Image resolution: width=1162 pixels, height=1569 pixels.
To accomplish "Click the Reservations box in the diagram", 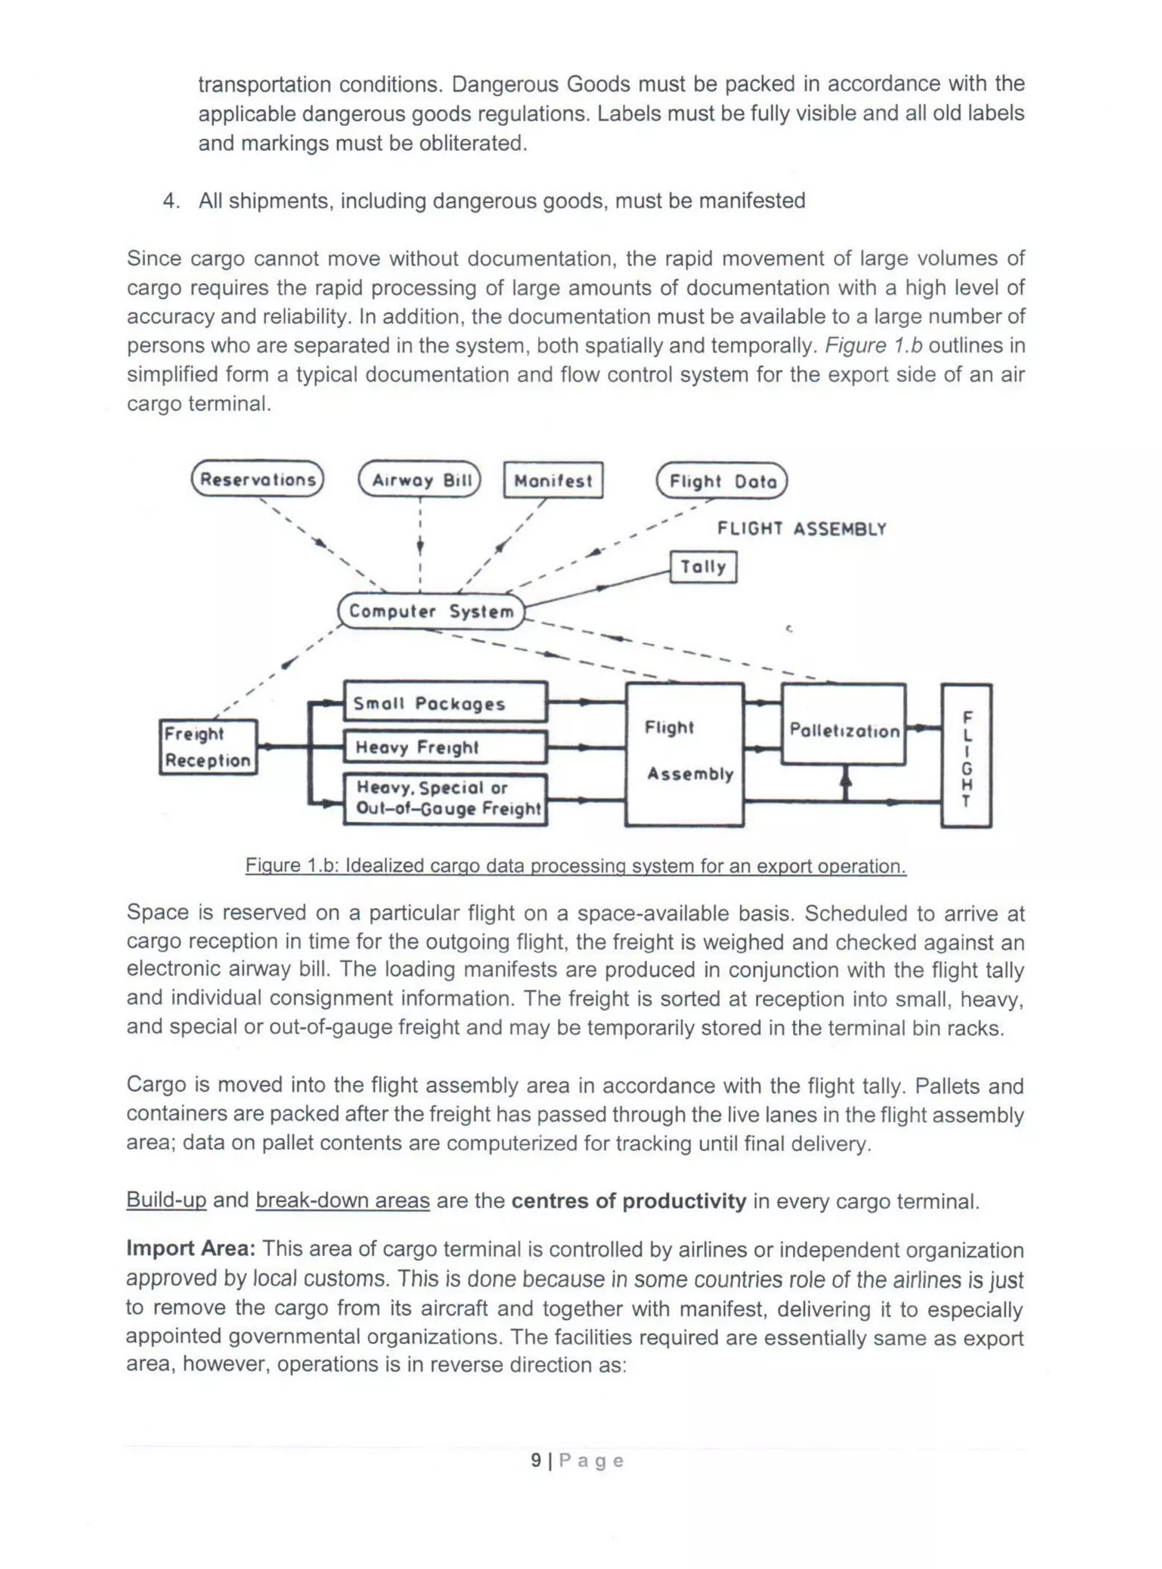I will pos(258,479).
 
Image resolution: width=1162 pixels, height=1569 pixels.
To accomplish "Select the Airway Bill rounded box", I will pos(420,480).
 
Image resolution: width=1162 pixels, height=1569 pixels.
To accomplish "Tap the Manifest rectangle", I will pos(553,481).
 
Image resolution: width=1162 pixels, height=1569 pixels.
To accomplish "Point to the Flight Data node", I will pos(722,481).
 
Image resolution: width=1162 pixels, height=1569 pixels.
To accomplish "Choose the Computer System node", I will pos(431,611).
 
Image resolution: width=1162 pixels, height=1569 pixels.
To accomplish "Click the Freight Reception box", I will pos(208,747).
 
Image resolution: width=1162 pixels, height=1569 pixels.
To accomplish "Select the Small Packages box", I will pos(444,702).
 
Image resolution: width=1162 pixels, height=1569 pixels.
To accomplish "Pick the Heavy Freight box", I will pos(444,747).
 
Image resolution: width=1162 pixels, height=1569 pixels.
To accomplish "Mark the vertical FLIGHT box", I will pos(966,756).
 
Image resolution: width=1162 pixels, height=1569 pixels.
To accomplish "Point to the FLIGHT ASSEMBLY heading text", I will pos(801,528).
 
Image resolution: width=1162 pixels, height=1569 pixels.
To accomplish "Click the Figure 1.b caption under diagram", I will pos(575,865).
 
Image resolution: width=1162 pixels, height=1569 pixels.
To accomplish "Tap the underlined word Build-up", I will pos(166,1200).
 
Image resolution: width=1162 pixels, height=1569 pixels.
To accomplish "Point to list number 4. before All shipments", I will pos(171,201).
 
